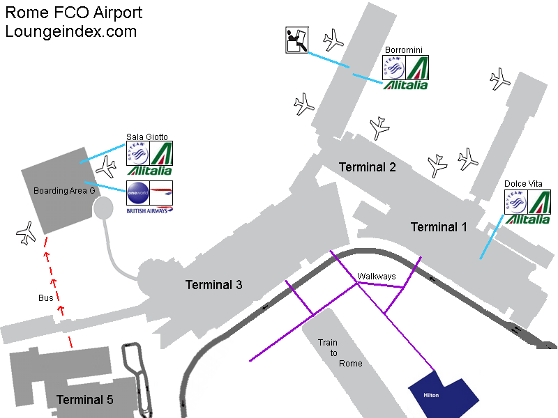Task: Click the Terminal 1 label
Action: (439, 227)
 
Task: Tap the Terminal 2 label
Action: (368, 167)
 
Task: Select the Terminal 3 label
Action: (213, 285)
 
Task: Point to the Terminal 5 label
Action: (84, 400)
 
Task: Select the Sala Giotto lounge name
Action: (146, 137)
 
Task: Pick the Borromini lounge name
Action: (404, 50)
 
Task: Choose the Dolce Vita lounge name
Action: (523, 184)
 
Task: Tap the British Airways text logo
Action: (149, 210)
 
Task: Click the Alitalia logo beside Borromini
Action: (416, 68)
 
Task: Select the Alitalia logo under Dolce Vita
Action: (538, 202)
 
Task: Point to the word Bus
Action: (45, 298)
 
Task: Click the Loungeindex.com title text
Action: (71, 31)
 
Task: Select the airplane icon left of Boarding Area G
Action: (27, 233)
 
